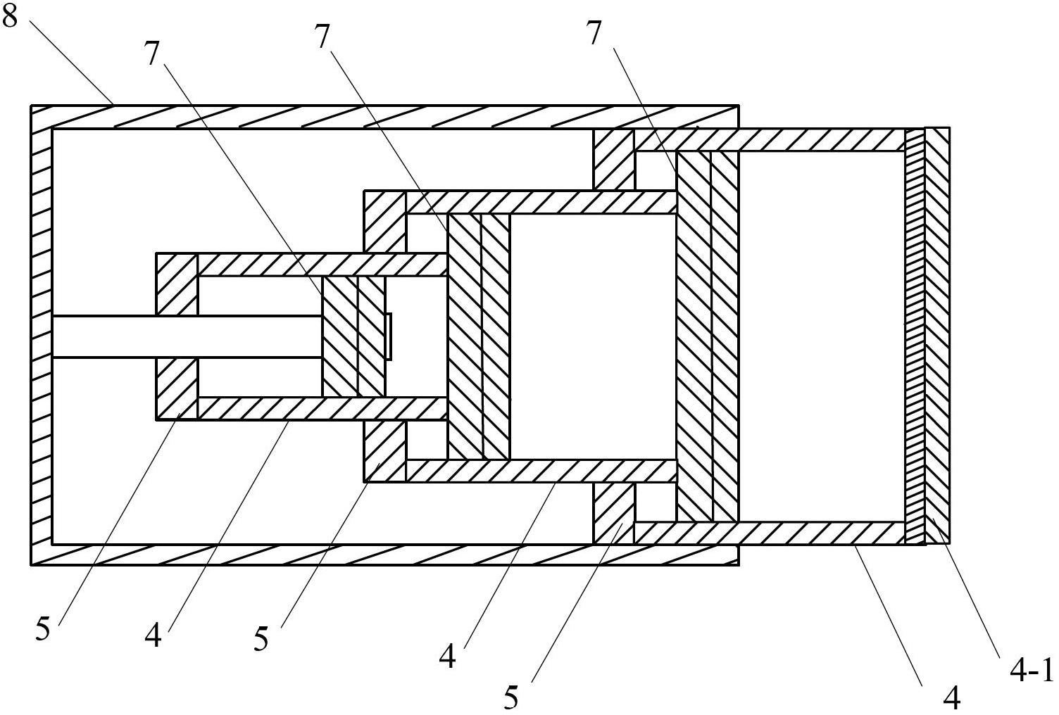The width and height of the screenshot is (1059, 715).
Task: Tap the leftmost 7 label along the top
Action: coord(153,53)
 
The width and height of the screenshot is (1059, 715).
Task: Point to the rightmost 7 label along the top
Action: coord(595,33)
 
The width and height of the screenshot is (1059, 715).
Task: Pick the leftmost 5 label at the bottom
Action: coord(43,629)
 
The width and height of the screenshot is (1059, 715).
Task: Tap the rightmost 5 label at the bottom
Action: coord(512,697)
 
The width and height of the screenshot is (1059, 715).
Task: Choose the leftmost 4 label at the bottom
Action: coord(153,635)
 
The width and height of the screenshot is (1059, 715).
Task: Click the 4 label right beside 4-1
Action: coord(952,697)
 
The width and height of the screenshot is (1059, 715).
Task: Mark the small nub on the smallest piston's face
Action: coord(388,336)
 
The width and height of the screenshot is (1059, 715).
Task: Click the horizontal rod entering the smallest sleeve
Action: coord(187,336)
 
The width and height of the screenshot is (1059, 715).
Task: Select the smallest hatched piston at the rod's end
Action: coord(353,336)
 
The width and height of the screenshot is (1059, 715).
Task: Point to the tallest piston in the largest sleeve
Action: coord(707,336)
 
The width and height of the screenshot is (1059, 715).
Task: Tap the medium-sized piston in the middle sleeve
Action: coord(478,336)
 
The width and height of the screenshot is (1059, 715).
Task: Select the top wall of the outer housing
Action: coord(384,117)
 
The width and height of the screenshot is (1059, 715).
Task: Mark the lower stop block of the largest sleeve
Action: coord(614,512)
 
